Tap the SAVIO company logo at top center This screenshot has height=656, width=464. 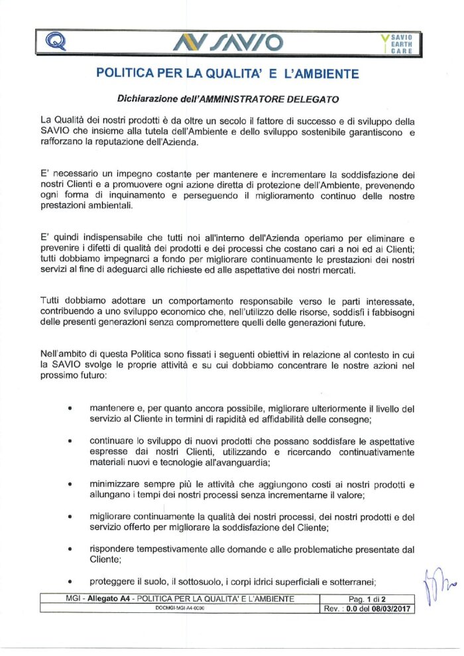[228, 43]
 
